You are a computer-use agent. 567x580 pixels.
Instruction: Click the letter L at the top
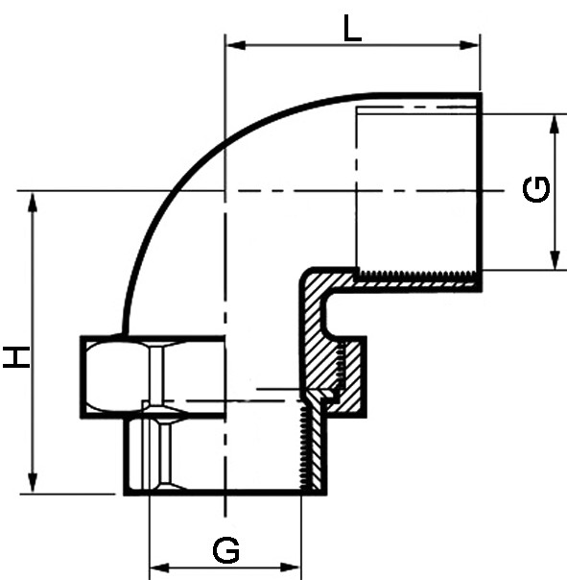click(x=352, y=28)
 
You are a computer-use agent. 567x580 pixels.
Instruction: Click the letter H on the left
click(x=16, y=357)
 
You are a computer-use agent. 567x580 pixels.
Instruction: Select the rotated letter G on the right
click(x=536, y=190)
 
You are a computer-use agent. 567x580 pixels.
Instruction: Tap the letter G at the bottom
click(x=226, y=551)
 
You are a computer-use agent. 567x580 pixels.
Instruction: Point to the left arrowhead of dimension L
click(x=236, y=45)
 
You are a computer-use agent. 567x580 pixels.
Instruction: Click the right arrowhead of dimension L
click(x=469, y=45)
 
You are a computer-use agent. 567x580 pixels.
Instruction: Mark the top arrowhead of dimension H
click(x=33, y=203)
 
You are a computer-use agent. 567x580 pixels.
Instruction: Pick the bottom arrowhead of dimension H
click(x=33, y=483)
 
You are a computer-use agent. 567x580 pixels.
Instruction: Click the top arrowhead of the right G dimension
click(x=555, y=125)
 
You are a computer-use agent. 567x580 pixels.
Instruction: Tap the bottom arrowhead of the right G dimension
click(x=555, y=259)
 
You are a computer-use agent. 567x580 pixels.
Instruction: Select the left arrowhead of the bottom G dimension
click(x=159, y=568)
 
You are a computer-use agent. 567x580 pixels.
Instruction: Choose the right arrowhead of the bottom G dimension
click(x=290, y=568)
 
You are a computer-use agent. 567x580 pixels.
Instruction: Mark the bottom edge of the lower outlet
click(x=225, y=492)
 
